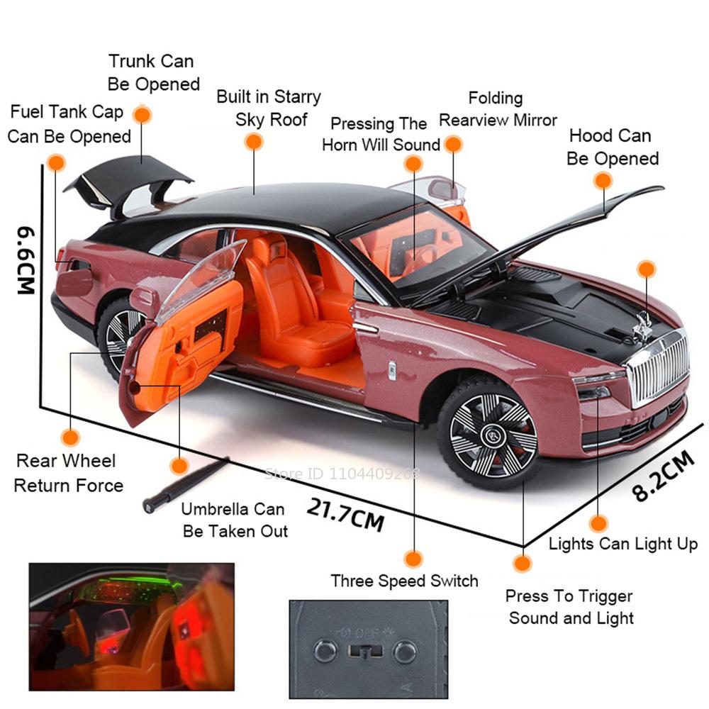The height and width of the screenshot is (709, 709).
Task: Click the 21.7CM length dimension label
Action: [x=345, y=513]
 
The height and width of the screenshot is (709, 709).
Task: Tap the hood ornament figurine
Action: [x=644, y=323]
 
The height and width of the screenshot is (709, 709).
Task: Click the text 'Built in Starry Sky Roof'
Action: [x=269, y=108]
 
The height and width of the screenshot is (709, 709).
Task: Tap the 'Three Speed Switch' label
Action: [x=404, y=581]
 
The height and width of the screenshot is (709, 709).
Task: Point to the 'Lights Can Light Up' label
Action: [x=623, y=544]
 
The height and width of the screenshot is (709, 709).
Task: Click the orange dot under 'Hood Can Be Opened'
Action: [x=603, y=181]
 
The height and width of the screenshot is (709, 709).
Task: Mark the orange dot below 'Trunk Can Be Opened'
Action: [x=143, y=115]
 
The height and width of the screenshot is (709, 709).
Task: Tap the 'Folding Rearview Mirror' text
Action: [x=497, y=109]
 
